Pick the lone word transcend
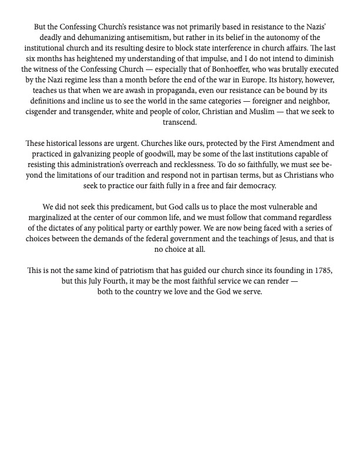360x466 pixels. tap(180, 122)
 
